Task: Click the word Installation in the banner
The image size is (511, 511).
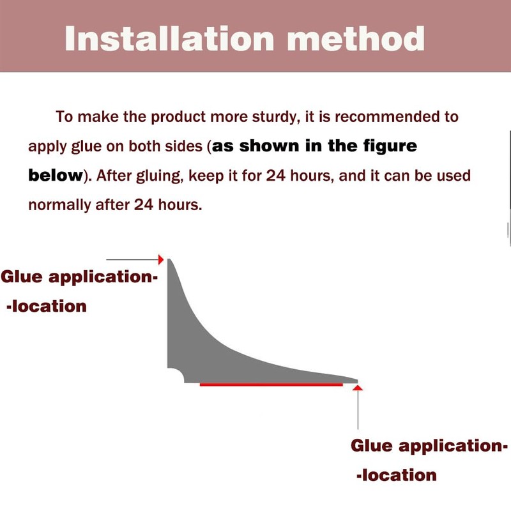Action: click(169, 39)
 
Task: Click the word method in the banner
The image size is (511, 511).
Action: click(356, 39)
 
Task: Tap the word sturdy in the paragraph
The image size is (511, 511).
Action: click(276, 118)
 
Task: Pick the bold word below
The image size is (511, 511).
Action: click(56, 175)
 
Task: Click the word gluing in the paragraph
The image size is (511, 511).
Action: click(158, 176)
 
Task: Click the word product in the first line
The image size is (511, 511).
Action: click(178, 118)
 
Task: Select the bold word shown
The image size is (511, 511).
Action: click(269, 146)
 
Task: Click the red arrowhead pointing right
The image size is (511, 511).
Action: click(161, 260)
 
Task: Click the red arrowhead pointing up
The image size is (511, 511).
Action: click(358, 388)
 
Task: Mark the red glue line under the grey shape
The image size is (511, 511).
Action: click(271, 385)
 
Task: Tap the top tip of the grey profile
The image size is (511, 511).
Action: click(169, 259)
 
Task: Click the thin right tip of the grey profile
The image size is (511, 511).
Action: click(357, 381)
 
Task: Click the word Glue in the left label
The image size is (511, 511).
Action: click(22, 277)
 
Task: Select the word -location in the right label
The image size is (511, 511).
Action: click(397, 475)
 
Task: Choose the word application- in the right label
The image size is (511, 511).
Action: click(454, 446)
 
